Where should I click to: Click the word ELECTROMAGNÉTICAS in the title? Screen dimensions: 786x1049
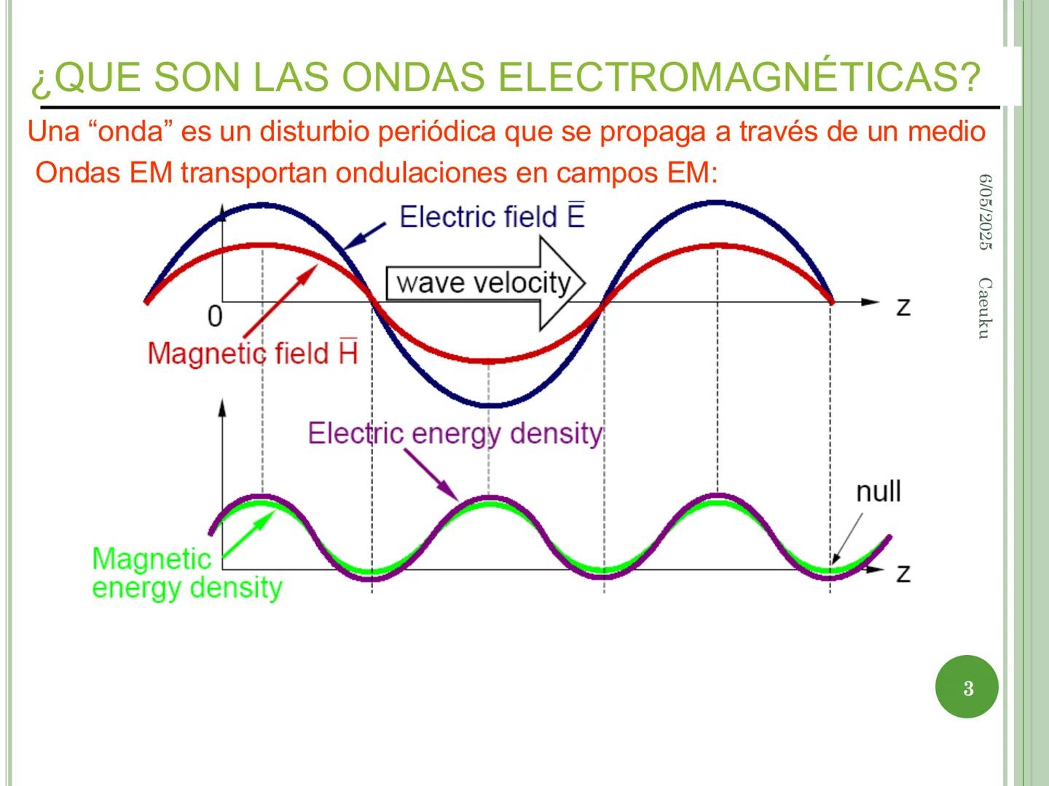tap(735, 78)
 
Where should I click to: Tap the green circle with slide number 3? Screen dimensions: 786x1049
tap(967, 688)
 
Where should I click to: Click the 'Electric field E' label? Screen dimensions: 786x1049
tap(492, 217)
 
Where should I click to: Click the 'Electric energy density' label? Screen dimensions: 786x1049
tap(455, 433)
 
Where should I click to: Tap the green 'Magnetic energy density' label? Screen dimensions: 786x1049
tap(186, 573)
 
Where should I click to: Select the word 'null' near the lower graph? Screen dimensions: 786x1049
tap(878, 491)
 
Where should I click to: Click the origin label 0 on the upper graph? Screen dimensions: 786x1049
tap(215, 317)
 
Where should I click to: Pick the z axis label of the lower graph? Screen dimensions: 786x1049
tap(903, 573)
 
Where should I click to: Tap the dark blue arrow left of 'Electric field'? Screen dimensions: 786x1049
tap(364, 236)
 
